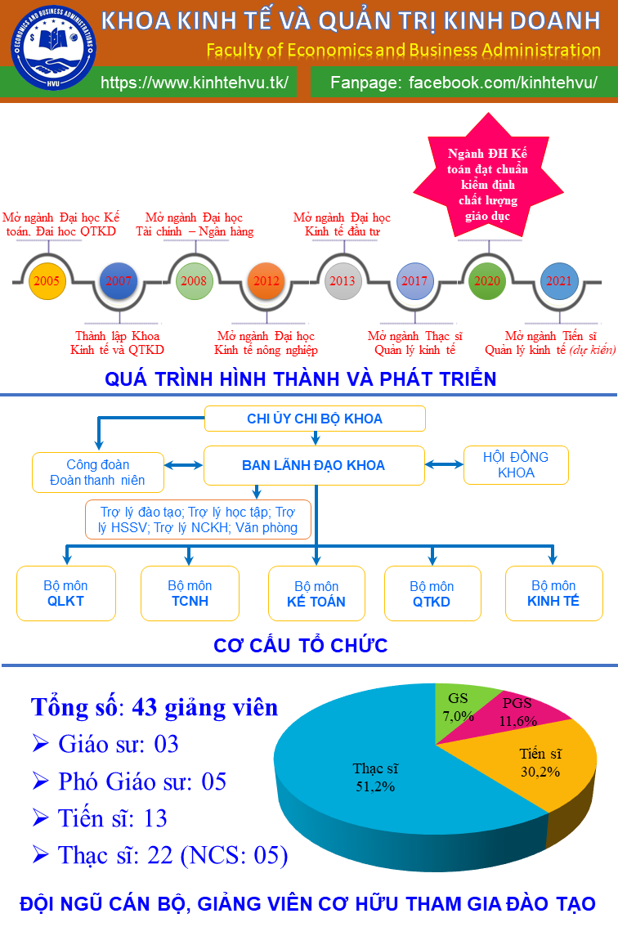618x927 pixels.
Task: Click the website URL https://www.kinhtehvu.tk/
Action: pos(195,83)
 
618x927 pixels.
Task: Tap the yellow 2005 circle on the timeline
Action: pos(47,280)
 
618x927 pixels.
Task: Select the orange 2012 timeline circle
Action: pos(266,280)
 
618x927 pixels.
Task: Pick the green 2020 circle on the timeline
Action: pos(487,280)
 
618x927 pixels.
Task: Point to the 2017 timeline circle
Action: pos(414,280)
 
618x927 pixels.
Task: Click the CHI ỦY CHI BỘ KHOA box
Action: pos(315,419)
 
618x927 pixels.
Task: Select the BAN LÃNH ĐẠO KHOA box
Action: pos(314,465)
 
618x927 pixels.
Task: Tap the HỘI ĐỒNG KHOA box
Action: pos(516,465)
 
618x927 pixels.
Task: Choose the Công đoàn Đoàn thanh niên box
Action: pos(98,473)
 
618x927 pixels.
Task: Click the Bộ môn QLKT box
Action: pos(65,593)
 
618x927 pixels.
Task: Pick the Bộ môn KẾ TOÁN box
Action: pos(316,594)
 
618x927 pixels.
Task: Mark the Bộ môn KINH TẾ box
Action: pos(553,593)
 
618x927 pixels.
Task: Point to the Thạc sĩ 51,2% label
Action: pos(375,777)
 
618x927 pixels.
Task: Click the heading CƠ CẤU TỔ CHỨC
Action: pos(300,646)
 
